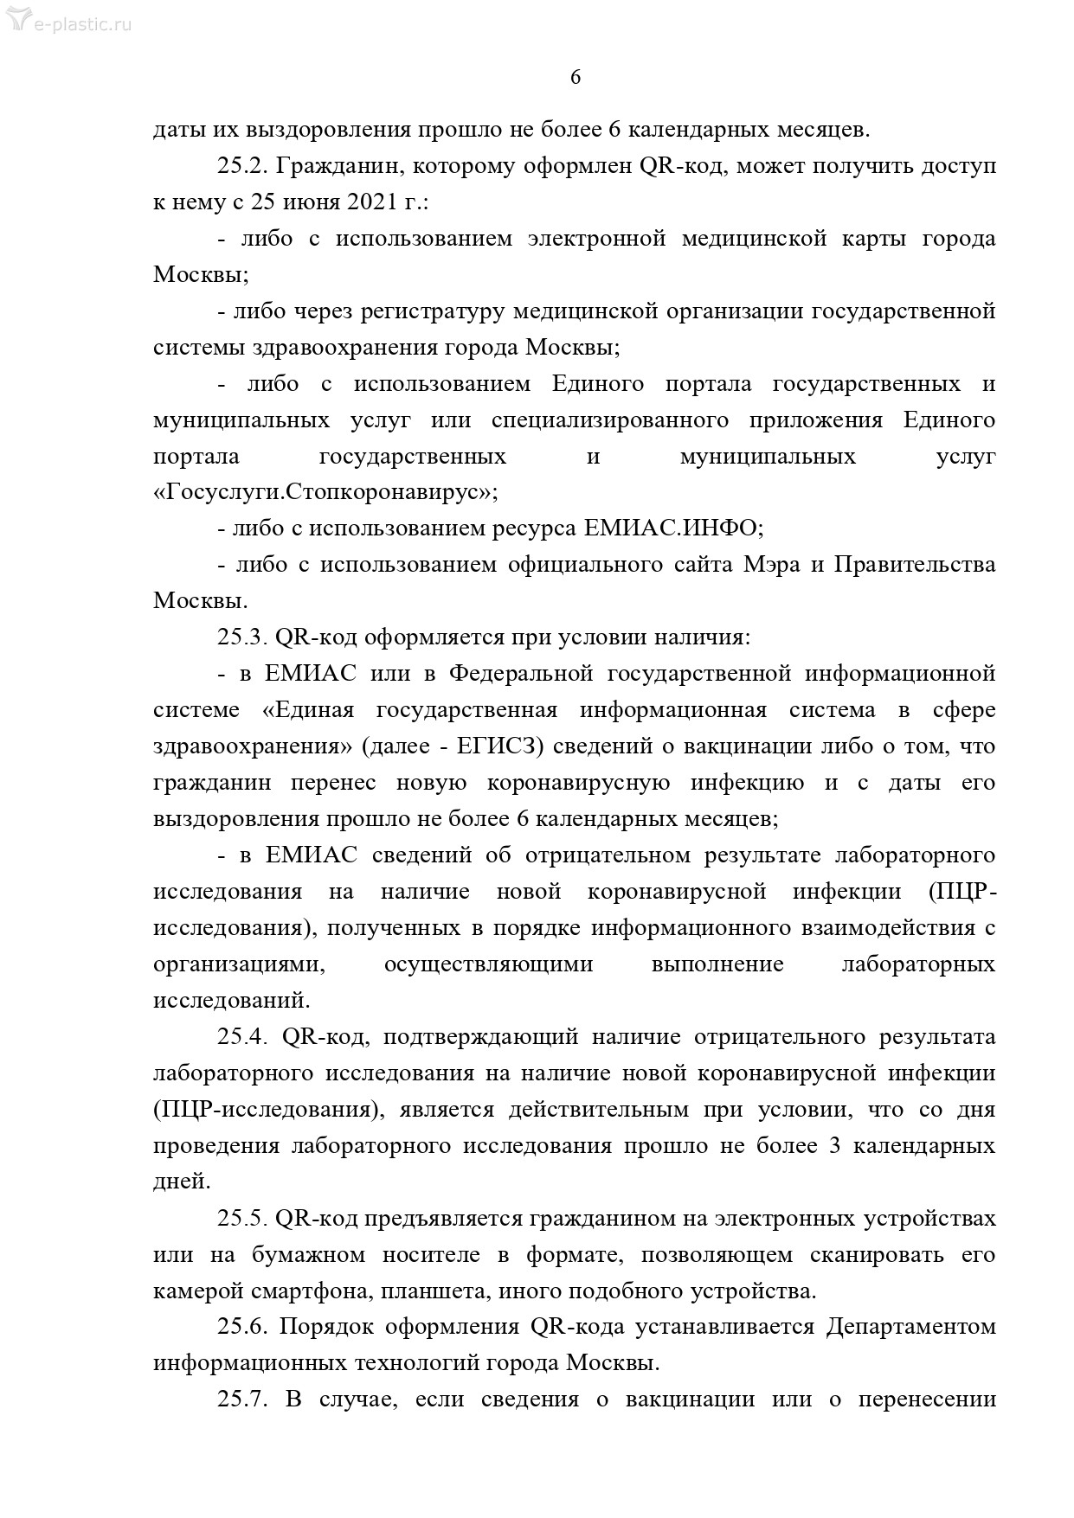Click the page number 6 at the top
(x=576, y=78)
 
